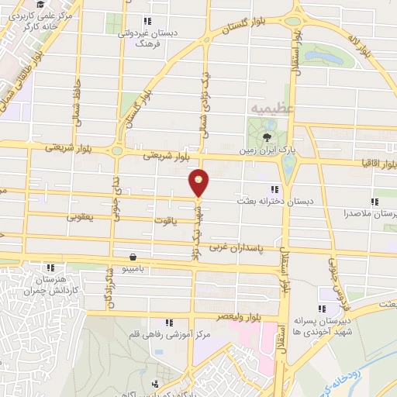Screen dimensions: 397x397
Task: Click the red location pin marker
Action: tap(199, 181)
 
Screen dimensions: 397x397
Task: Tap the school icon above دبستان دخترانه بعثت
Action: tap(274, 188)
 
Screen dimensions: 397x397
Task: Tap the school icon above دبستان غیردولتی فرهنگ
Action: tap(147, 22)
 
